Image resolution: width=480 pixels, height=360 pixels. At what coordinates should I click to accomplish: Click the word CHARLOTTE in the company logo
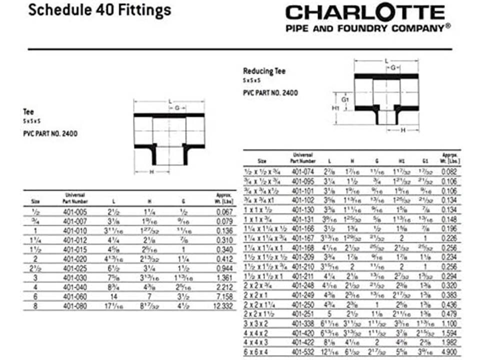tap(365, 13)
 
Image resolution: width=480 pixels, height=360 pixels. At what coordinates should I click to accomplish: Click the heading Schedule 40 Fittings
tap(99, 10)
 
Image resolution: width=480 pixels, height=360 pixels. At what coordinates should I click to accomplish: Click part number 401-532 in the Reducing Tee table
tap(302, 351)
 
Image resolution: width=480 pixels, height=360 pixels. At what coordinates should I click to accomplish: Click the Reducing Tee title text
tap(264, 71)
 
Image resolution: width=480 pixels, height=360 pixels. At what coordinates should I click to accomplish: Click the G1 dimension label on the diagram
tap(345, 99)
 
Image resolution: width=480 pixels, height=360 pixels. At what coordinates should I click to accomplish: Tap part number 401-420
tap(302, 332)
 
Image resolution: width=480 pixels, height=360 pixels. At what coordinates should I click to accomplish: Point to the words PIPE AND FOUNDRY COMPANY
tap(365, 28)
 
